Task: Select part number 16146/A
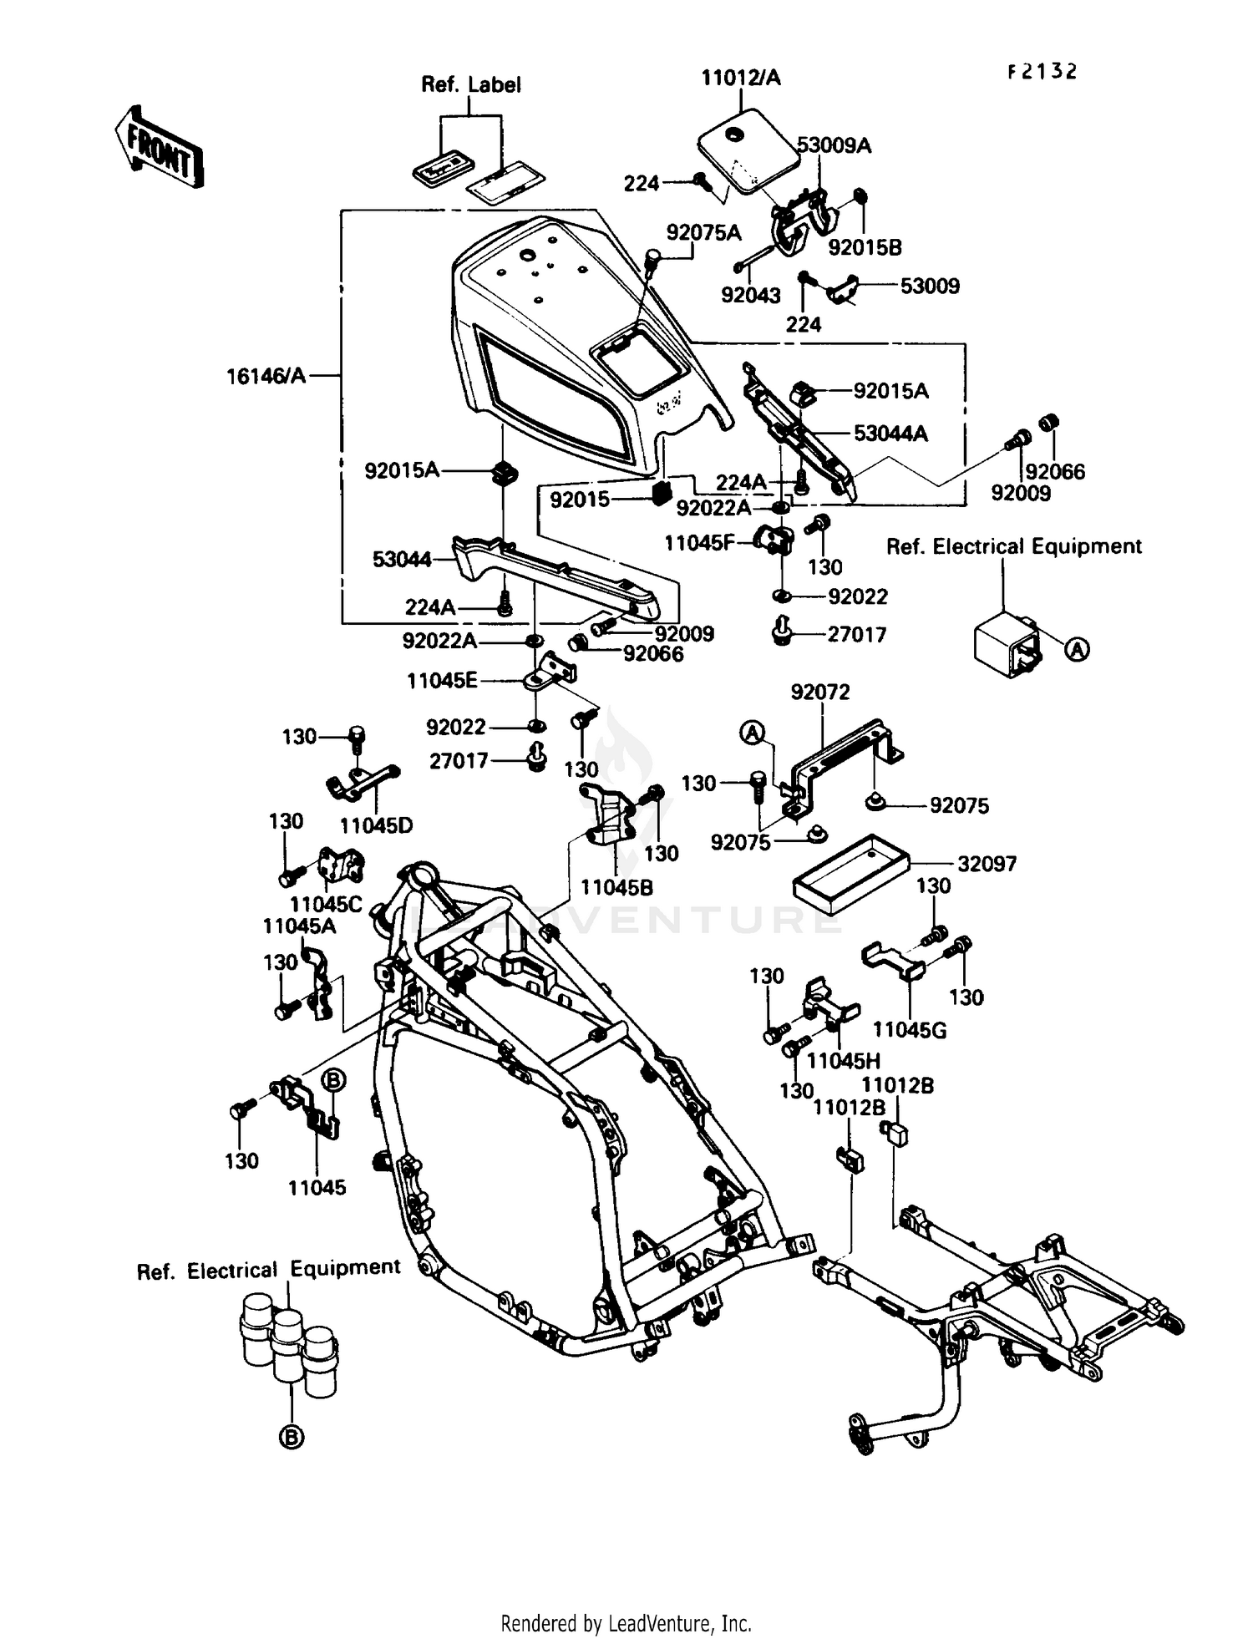click(x=266, y=377)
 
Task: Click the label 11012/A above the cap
click(x=740, y=78)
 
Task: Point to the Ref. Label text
click(x=470, y=84)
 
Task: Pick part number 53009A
click(x=834, y=145)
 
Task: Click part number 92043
click(x=750, y=295)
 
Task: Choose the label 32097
click(x=987, y=864)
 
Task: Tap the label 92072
click(x=819, y=692)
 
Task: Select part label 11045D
click(x=376, y=825)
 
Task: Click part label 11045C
click(x=326, y=904)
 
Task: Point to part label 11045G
click(x=910, y=1030)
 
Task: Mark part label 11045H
click(x=844, y=1061)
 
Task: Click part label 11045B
click(x=616, y=887)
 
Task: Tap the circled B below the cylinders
click(x=292, y=1438)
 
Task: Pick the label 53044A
click(x=890, y=434)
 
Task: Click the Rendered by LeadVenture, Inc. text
click(x=626, y=1623)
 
